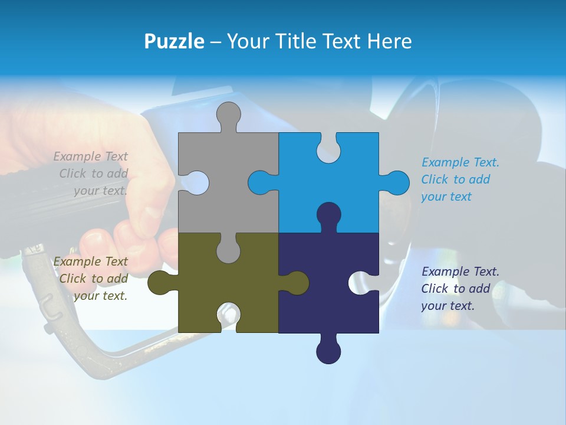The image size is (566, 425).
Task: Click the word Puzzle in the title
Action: coord(174,41)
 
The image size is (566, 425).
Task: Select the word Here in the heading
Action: coord(389,41)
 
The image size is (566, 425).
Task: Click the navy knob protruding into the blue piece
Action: coord(328,215)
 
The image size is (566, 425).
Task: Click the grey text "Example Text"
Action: coord(90,156)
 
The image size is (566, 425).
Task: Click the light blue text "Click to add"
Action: coord(455,179)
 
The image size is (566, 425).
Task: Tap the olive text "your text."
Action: coord(100,296)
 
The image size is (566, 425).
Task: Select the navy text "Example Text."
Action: coord(460,272)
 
